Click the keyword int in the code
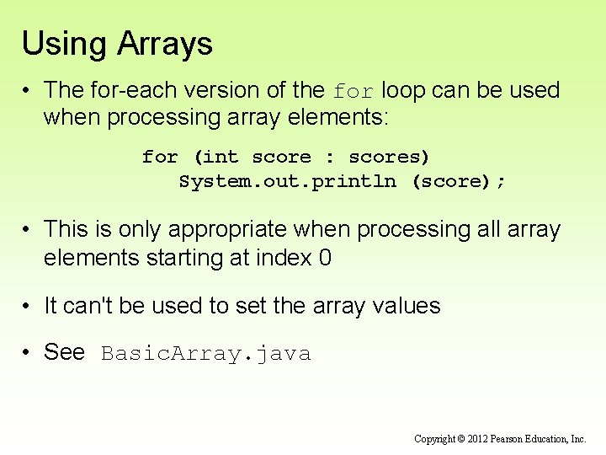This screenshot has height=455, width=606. (221, 157)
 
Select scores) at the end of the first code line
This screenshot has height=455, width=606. (389, 157)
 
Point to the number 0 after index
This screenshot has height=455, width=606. (325, 258)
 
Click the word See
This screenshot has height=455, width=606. (64, 352)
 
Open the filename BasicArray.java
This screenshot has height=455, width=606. (205, 354)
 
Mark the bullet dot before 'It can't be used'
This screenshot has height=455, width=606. (28, 307)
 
